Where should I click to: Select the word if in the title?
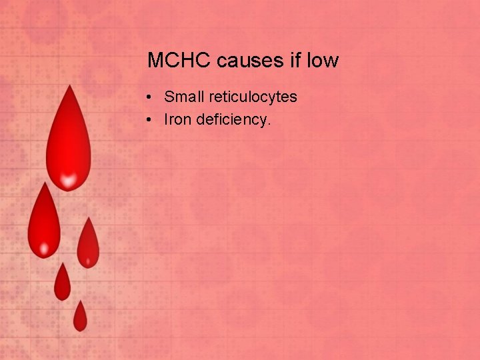[295, 61]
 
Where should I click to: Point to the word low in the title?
[323, 61]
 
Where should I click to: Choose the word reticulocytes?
[253, 97]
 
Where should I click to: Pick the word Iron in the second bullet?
[178, 119]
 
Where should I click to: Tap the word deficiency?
[233, 120]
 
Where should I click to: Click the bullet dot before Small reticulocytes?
[151, 98]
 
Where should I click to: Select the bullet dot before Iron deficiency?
[151, 120]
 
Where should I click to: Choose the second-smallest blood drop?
[62, 284]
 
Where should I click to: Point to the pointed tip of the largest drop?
[67, 87]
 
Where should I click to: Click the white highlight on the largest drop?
[67, 178]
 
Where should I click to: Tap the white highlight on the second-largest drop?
[44, 250]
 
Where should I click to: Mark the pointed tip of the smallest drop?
[80, 301]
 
